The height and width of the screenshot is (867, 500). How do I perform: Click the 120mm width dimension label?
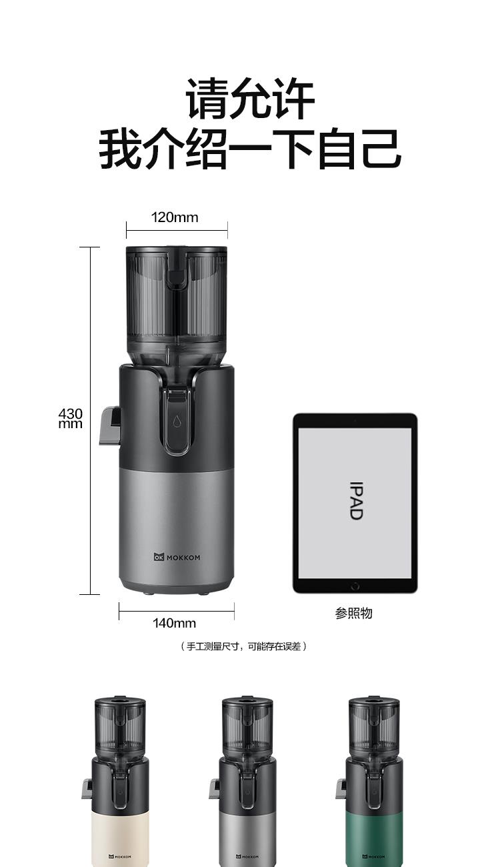point(175,217)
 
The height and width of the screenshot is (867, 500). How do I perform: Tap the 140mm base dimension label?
point(174,623)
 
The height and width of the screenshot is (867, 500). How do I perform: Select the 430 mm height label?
point(71,418)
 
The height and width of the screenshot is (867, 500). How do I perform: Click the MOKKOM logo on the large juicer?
point(177,558)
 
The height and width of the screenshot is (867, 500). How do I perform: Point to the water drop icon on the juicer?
point(177,421)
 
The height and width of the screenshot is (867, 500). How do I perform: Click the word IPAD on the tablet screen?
point(355,500)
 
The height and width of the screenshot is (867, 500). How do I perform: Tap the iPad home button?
point(355,586)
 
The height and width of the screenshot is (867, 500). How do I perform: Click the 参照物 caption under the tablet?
point(354,613)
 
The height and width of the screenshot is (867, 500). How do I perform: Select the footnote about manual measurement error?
point(243,646)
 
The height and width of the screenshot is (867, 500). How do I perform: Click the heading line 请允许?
point(250,98)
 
